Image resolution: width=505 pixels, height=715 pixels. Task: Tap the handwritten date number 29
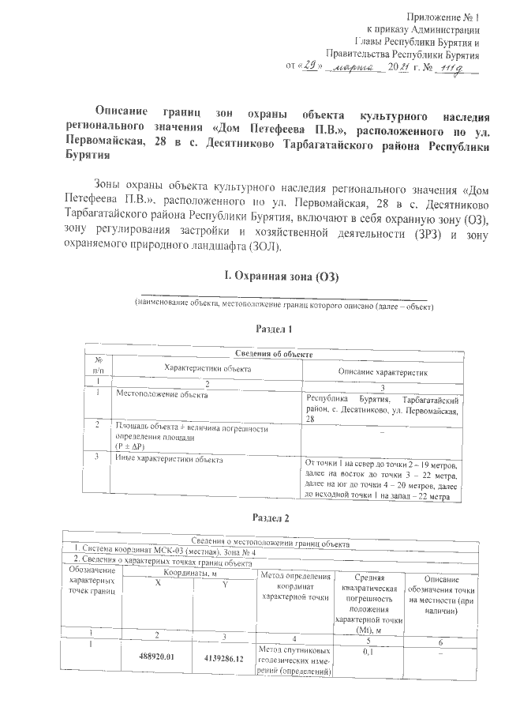(x=305, y=68)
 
